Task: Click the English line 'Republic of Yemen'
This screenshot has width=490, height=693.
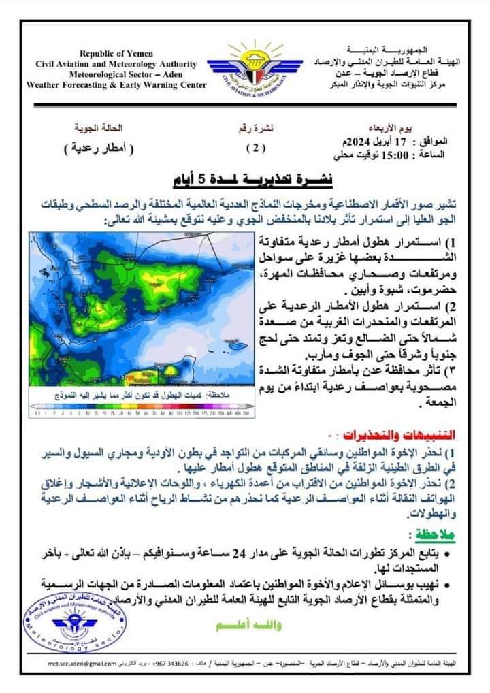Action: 116,53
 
